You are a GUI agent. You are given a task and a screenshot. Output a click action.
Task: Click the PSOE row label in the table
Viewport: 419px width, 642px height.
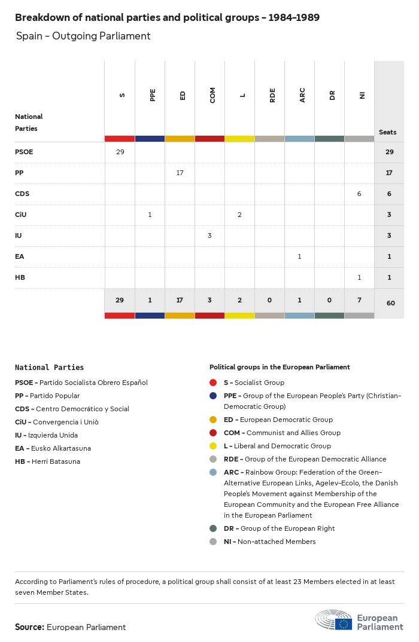coord(24,152)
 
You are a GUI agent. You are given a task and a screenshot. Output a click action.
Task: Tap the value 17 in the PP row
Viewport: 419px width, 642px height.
coord(180,173)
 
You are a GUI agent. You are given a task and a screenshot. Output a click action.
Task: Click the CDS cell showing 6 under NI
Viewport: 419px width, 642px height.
coord(359,194)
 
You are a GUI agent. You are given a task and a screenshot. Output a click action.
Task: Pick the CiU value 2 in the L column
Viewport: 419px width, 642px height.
coord(239,215)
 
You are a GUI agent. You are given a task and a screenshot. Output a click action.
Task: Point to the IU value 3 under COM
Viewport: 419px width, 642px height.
coord(209,236)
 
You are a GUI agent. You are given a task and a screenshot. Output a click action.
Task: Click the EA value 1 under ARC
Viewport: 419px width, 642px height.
coord(299,256)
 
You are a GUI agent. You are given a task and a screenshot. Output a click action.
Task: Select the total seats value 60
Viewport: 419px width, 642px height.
coord(390,303)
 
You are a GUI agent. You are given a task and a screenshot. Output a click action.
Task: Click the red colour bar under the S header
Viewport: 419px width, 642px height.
coord(120,139)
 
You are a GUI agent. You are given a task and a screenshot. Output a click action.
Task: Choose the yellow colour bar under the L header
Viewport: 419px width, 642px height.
coord(239,139)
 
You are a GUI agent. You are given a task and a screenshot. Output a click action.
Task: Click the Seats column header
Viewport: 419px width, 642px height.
coord(388,132)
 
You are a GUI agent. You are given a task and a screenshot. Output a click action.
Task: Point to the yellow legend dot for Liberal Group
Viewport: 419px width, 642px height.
coord(213,446)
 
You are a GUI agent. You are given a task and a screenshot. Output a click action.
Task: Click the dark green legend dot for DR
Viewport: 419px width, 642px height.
coord(213,528)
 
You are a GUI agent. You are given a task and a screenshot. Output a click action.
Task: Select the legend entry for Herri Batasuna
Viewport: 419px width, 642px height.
coord(47,461)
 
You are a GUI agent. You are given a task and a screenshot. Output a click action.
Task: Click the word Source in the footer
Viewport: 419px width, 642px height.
coord(29,627)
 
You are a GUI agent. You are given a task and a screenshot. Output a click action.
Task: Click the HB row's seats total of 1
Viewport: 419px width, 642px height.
coord(389,277)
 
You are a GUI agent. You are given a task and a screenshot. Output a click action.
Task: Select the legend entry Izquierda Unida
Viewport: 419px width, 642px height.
coord(46,435)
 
